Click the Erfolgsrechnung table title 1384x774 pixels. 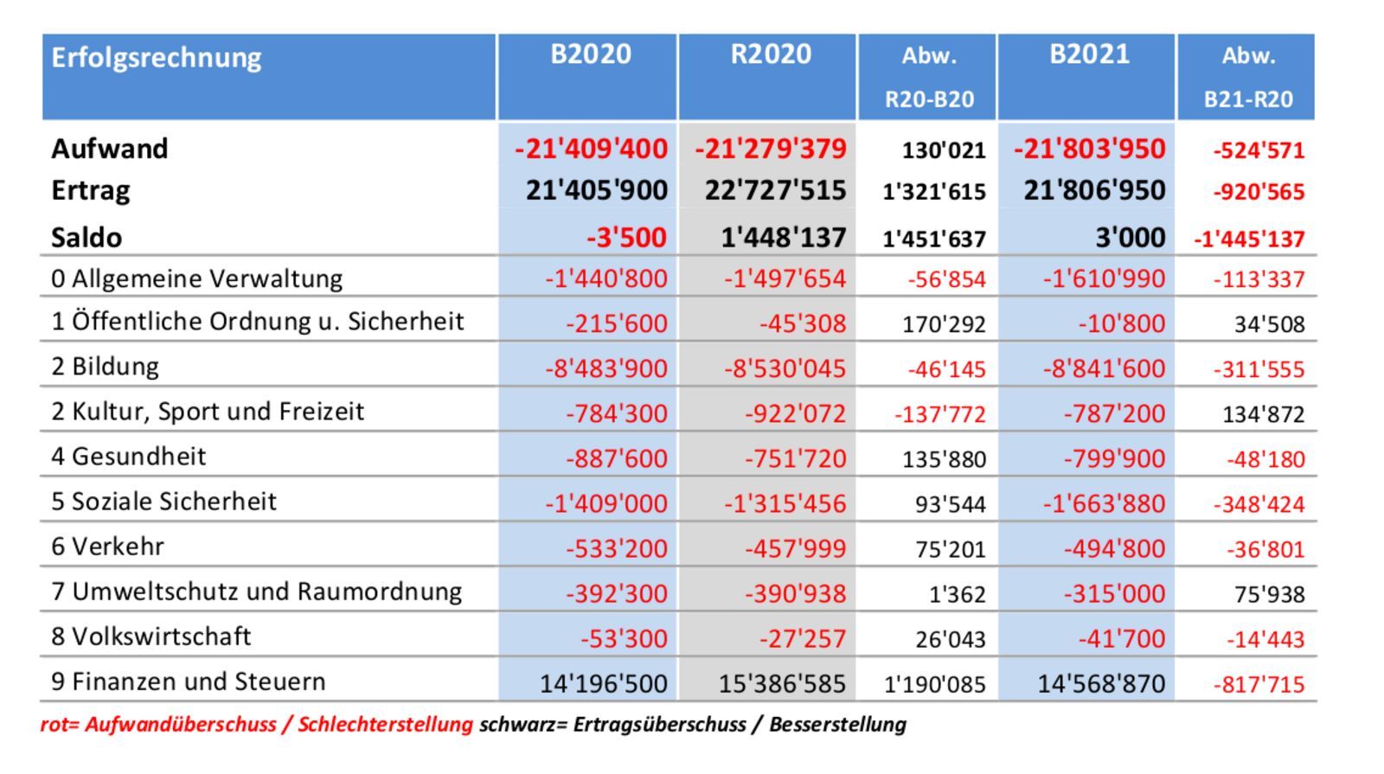[157, 57]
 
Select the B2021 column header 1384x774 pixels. [1089, 54]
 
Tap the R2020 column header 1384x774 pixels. [771, 54]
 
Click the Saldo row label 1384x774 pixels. [86, 237]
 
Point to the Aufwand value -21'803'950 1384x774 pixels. [1090, 149]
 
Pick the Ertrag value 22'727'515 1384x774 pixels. [775, 190]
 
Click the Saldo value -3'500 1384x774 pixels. [626, 237]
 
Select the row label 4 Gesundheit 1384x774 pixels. [129, 456]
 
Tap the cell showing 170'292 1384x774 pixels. [944, 324]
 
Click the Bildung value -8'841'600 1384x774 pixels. [1104, 368]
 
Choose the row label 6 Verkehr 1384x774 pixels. [108, 547]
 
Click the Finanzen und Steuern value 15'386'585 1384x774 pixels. [782, 684]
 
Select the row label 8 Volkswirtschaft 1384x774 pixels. [151, 636]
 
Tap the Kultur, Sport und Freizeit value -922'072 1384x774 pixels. [795, 413]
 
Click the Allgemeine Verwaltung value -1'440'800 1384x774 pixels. [606, 278]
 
